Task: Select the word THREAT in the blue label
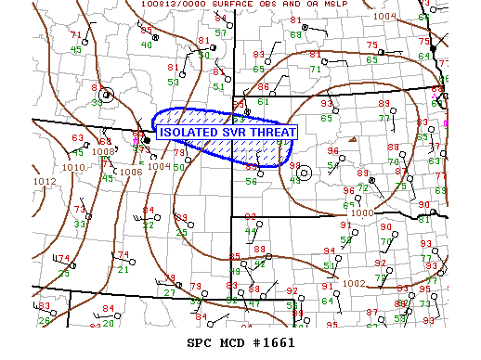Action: [271, 133]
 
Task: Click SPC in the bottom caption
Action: [201, 343]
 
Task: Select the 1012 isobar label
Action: [44, 182]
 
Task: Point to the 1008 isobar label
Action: [103, 150]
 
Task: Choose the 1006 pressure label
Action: [131, 172]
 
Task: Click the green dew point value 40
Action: [147, 45]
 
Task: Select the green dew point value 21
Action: [123, 269]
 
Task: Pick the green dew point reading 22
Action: [148, 225]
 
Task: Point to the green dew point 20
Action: [108, 323]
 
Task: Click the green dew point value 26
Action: [44, 321]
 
